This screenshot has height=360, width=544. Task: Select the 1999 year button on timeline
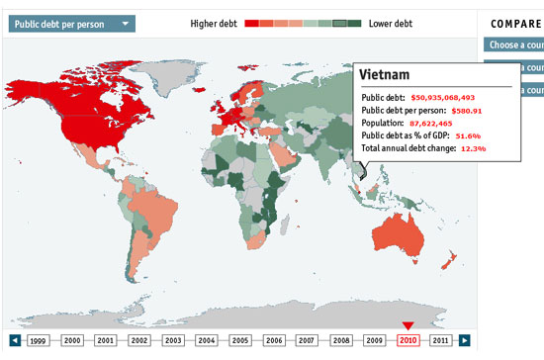39,340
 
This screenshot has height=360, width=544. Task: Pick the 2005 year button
239,340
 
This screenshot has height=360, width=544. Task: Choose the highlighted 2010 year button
408,340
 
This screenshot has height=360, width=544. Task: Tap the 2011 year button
441,340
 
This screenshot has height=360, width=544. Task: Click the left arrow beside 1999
15,340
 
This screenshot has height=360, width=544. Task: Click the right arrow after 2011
465,340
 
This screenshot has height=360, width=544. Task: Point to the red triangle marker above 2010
408,325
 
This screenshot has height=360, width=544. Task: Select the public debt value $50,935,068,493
443,98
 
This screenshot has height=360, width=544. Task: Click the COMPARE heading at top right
513,23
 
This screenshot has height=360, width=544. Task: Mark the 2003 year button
173,340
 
